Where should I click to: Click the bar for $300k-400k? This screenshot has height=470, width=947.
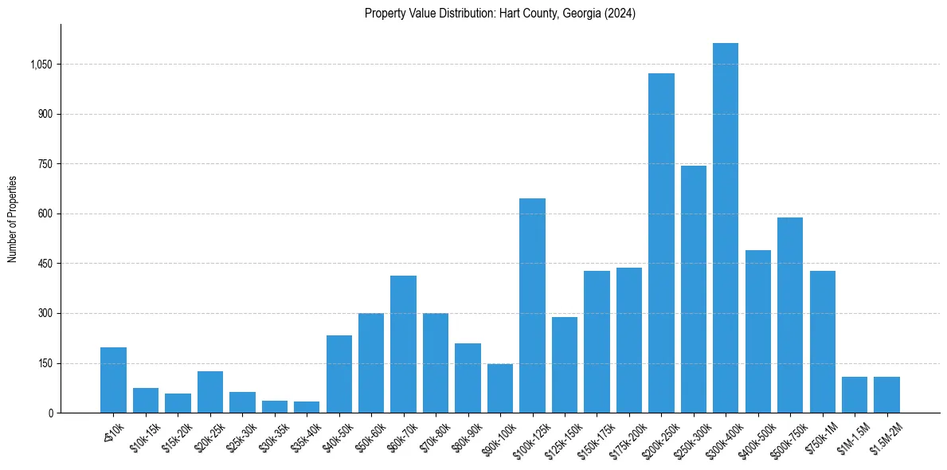[725, 228]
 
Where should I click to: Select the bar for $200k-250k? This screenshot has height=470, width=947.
[661, 243]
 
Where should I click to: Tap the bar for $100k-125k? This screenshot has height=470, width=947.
[532, 305]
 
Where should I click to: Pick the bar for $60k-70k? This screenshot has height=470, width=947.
[403, 344]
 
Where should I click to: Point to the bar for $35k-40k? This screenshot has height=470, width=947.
[307, 407]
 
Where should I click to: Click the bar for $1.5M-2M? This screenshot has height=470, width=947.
[886, 394]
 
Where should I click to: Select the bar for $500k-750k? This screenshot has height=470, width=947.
[789, 315]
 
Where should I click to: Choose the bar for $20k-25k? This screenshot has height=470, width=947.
[210, 392]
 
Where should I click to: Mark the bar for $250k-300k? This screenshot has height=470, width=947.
[693, 289]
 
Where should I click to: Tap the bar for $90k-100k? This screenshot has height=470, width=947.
[500, 388]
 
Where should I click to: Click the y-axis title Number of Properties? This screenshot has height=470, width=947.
[13, 219]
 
